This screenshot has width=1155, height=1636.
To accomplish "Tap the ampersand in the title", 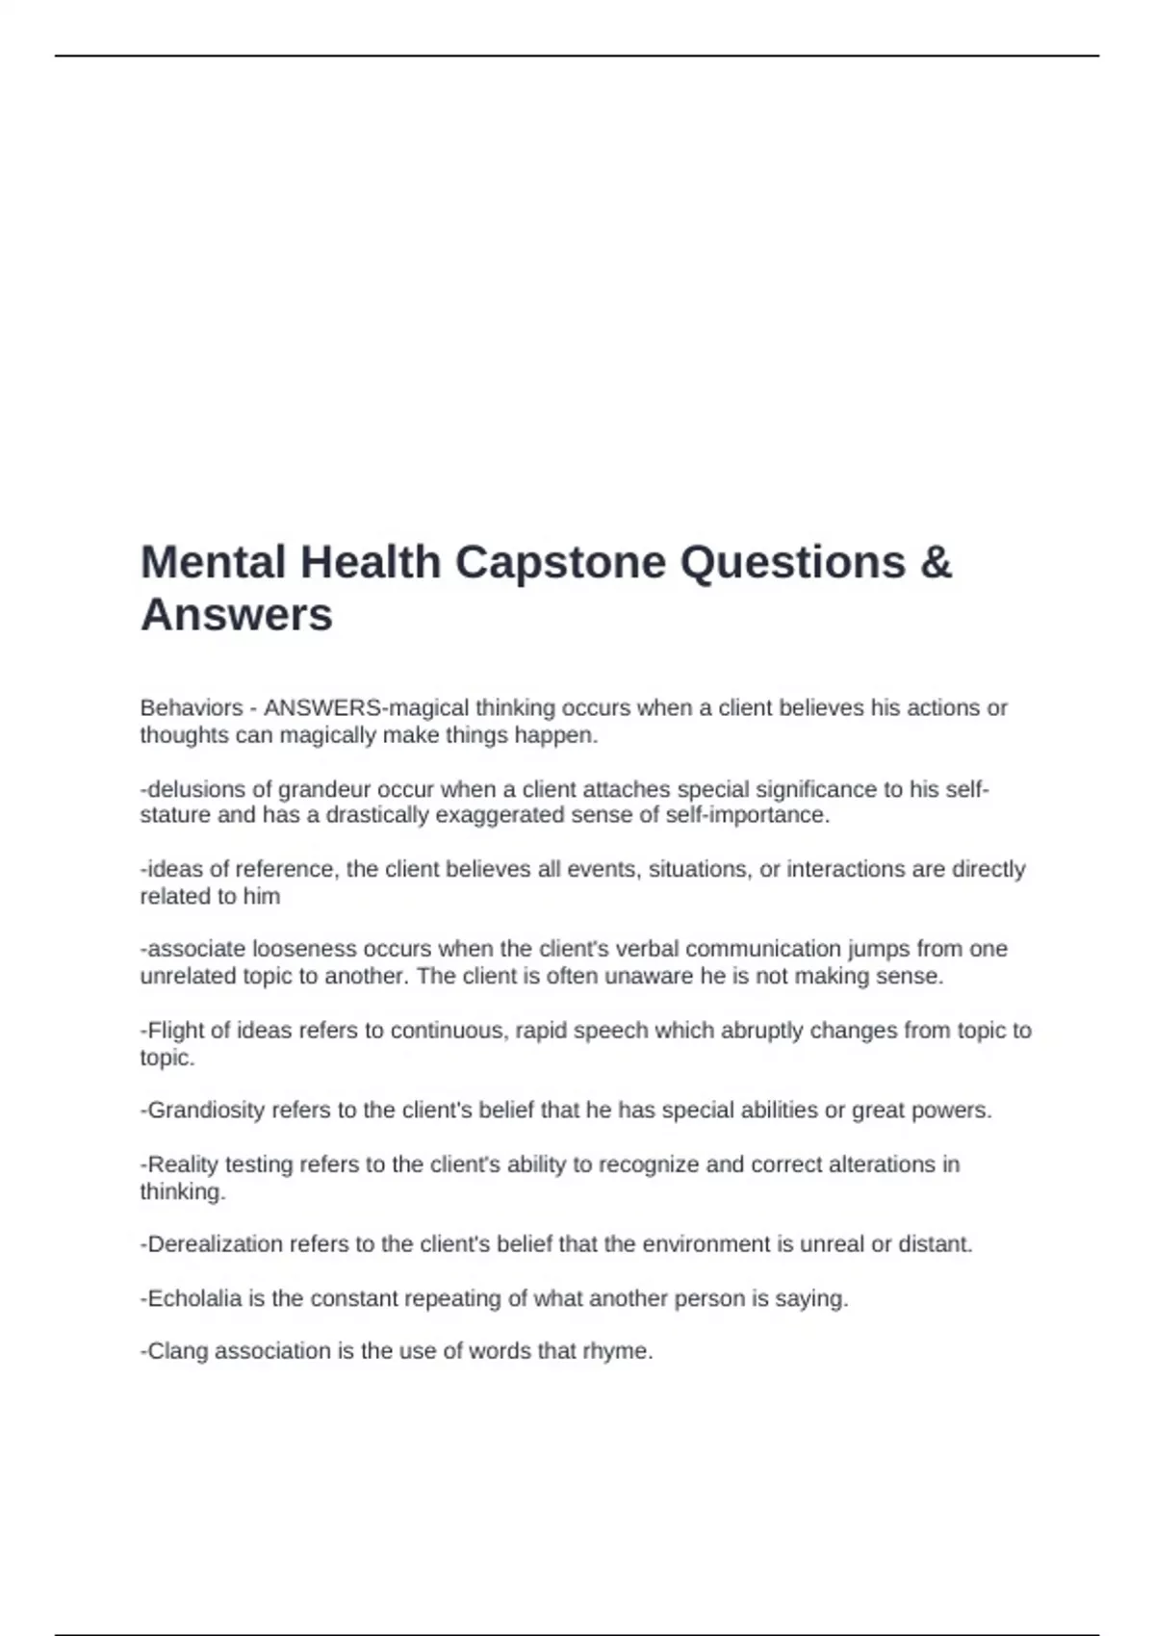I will (x=936, y=563).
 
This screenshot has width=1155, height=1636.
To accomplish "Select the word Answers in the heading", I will (x=237, y=615).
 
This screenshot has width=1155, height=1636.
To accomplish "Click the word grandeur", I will (x=324, y=790).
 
